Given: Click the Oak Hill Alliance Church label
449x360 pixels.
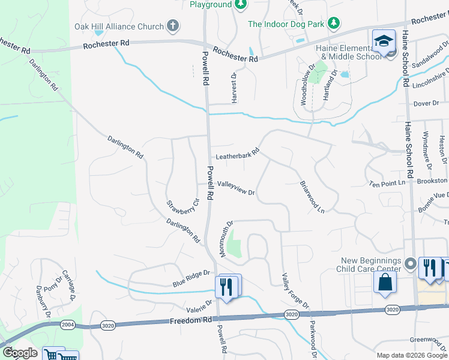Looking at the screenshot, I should pyautogui.click(x=119, y=26).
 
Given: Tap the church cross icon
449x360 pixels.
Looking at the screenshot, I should pyautogui.click(x=173, y=26).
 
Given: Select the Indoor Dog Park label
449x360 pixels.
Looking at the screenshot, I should pyautogui.click(x=286, y=24).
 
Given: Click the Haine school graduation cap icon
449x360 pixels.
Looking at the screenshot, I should pyautogui.click(x=384, y=41).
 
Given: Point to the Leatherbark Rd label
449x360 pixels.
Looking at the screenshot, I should pyautogui.click(x=237, y=154).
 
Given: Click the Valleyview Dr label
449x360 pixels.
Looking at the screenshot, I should pyautogui.click(x=237, y=189).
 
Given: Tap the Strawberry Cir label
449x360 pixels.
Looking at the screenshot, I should pyautogui.click(x=182, y=207).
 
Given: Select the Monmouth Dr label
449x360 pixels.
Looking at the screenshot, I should pyautogui.click(x=226, y=239).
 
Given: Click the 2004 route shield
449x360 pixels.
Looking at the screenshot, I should pyautogui.click(x=67, y=325).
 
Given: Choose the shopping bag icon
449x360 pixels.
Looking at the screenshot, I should pyautogui.click(x=385, y=282).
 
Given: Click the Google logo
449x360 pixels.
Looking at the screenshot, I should pyautogui.click(x=20, y=353).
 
